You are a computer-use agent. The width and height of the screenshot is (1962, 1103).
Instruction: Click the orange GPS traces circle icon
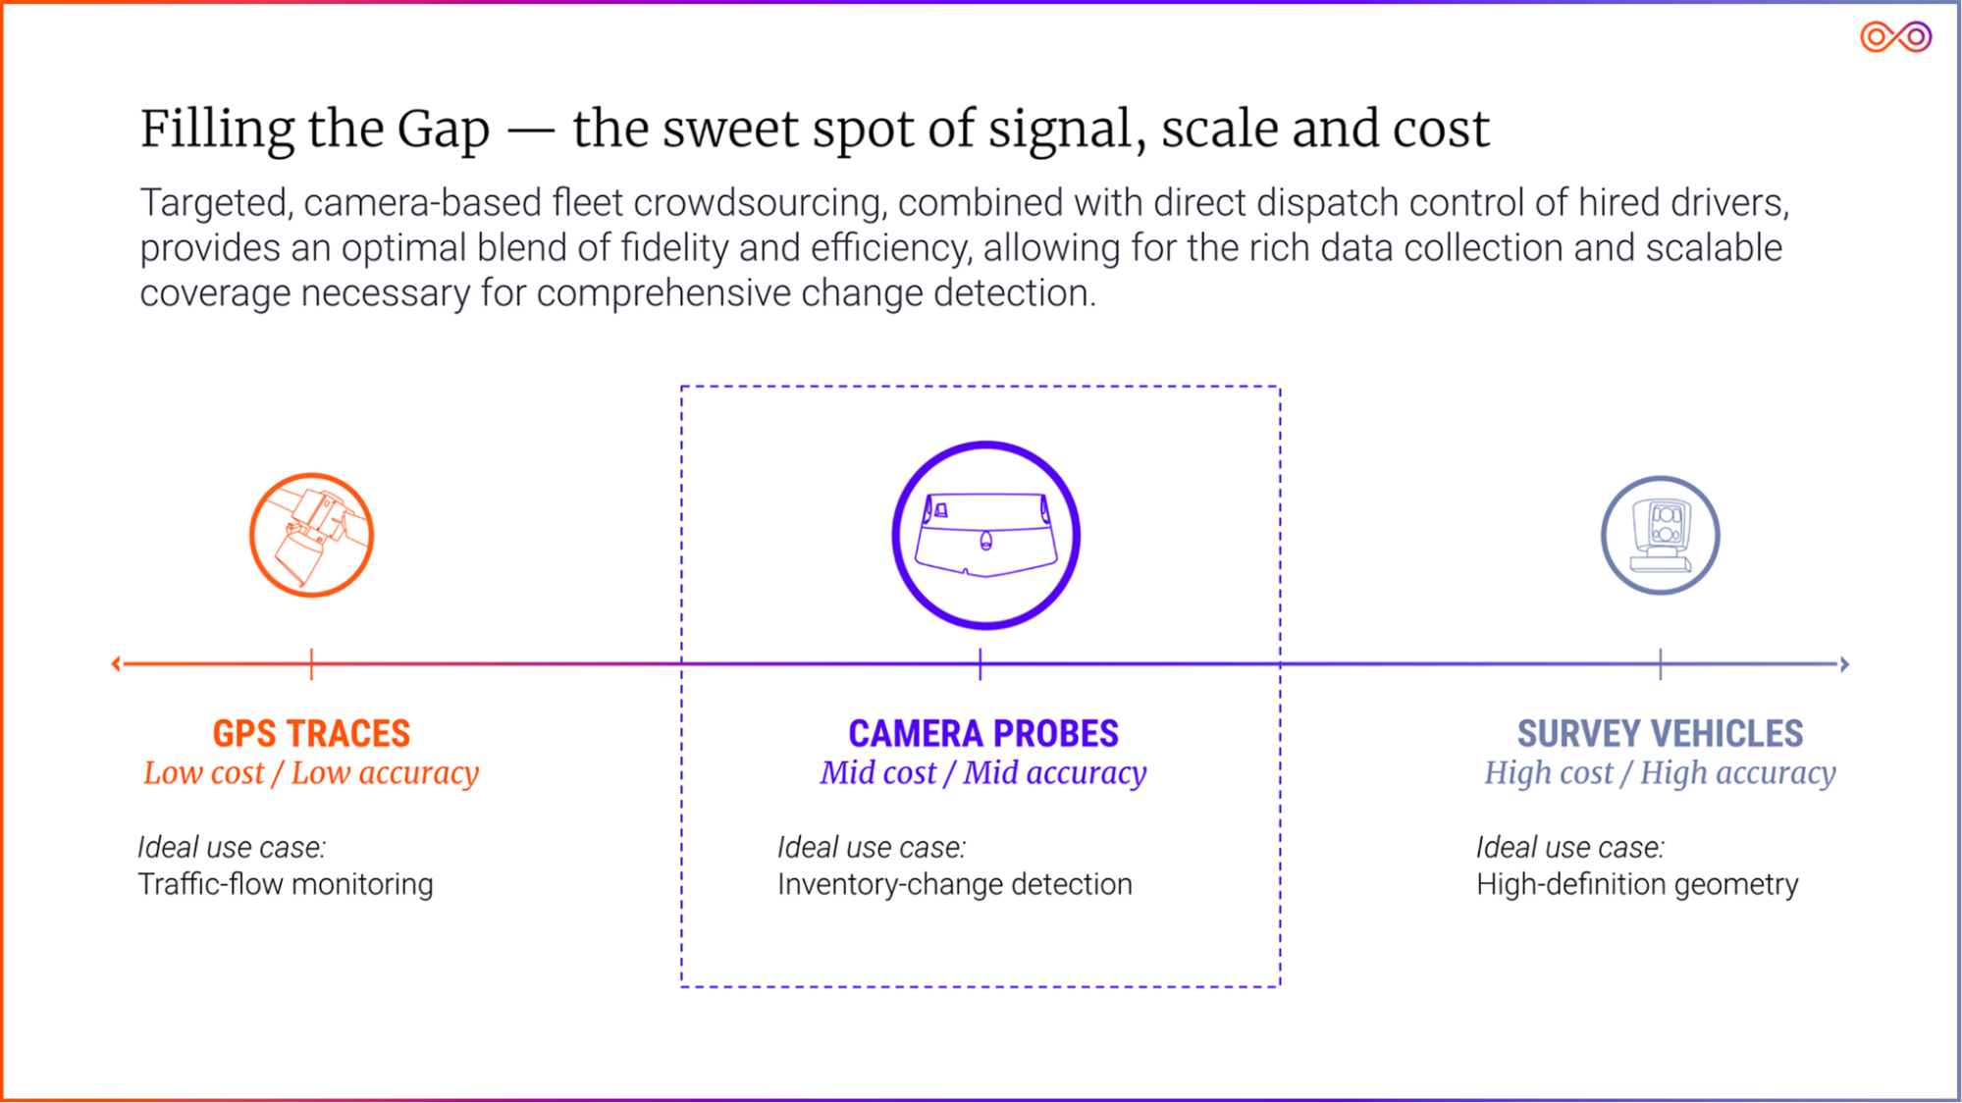[311, 535]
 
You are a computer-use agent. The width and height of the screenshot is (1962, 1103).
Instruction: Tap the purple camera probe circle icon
[985, 535]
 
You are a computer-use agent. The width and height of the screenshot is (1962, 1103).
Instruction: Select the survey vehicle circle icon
[1660, 535]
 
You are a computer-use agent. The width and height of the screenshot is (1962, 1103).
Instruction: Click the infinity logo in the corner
[1895, 37]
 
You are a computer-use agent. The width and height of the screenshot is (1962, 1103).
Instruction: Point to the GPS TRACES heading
[311, 733]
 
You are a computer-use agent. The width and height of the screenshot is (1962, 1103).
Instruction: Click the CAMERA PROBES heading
[982, 733]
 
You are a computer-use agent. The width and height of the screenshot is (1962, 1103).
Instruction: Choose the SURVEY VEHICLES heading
[1660, 733]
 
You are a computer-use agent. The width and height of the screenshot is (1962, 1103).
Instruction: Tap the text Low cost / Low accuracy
[311, 773]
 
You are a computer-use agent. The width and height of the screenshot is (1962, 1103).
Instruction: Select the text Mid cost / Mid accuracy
[982, 773]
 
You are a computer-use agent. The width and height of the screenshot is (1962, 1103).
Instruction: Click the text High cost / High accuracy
[1660, 773]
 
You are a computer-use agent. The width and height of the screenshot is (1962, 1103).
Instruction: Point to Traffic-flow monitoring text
[285, 884]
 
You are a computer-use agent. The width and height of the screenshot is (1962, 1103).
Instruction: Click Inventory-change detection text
[954, 884]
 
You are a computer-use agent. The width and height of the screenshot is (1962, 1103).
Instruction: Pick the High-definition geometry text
[1637, 884]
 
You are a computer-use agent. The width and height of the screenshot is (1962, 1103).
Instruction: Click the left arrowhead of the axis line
[117, 664]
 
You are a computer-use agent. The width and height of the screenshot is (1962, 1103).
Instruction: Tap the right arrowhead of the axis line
[1844, 664]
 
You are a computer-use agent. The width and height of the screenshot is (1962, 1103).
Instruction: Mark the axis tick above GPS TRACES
[311, 664]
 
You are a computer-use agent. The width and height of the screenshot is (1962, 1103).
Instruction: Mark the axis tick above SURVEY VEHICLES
[1660, 664]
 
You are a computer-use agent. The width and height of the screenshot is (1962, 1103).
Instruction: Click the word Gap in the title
[443, 130]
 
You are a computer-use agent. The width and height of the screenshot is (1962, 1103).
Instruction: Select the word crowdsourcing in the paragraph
[760, 203]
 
